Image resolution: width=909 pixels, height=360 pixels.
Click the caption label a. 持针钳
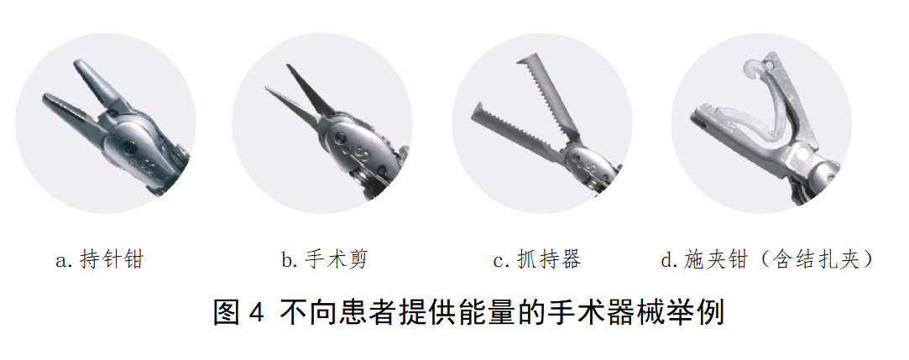99,260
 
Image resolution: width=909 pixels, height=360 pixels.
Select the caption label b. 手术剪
325,260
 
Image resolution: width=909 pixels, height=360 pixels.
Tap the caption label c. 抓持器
537,260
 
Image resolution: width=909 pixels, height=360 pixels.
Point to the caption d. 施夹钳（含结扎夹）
767,260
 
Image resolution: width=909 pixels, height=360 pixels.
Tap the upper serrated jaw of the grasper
548,96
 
